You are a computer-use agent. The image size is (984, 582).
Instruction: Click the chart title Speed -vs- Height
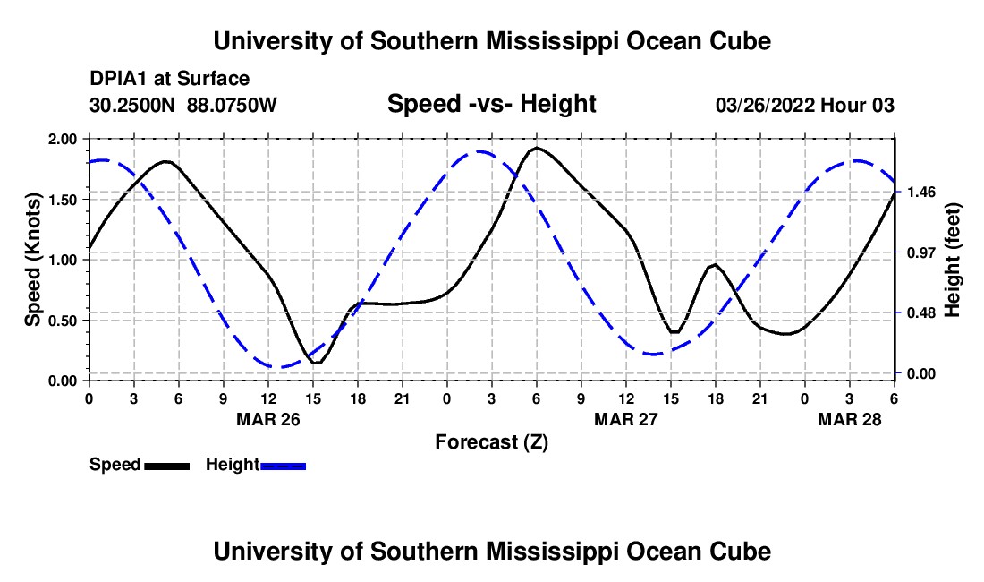(491, 104)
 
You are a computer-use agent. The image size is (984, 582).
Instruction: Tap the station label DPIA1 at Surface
(169, 79)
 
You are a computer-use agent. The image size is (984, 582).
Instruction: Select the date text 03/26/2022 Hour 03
(804, 105)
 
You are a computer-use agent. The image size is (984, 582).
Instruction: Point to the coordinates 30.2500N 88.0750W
(183, 105)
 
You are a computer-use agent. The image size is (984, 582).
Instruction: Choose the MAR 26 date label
(267, 419)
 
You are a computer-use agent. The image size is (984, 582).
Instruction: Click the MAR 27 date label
(626, 419)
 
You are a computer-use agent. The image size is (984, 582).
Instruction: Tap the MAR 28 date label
(850, 419)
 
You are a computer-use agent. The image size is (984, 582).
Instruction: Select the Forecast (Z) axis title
(491, 441)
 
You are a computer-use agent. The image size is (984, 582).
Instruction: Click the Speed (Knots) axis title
(33, 260)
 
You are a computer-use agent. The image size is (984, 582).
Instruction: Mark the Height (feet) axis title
(952, 260)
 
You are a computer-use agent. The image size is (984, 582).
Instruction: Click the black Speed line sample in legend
(166, 465)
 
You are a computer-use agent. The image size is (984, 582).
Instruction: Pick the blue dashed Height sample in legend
(283, 465)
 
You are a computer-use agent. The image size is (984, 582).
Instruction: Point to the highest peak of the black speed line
(536, 148)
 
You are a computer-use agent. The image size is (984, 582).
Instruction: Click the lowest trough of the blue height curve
(279, 367)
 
